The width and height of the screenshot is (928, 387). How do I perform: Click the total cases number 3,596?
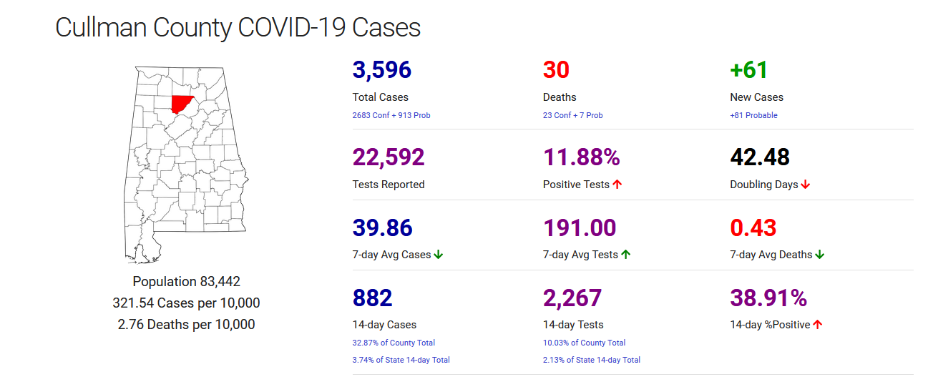(x=382, y=70)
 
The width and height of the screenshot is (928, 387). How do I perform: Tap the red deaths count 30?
(x=556, y=70)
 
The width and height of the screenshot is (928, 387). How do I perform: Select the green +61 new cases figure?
(x=748, y=70)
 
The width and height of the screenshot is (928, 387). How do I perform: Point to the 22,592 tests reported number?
(x=389, y=157)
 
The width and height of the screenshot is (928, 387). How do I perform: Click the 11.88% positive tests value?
(x=581, y=157)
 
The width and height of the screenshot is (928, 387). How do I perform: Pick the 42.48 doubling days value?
(x=760, y=157)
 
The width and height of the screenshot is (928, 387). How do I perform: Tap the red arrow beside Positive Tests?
(x=617, y=185)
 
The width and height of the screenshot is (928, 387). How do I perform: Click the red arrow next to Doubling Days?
(x=806, y=185)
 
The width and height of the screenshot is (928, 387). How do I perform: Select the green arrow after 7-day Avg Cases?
(x=439, y=255)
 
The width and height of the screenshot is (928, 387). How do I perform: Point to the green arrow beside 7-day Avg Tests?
(x=625, y=255)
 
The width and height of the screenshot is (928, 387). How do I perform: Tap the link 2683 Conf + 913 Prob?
(x=391, y=115)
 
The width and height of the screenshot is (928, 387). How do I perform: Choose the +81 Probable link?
(x=753, y=115)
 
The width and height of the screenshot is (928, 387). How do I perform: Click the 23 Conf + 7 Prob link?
(x=573, y=115)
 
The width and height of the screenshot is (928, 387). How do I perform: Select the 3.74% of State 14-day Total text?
(x=401, y=360)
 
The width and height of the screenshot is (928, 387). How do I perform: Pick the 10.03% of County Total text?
(x=585, y=343)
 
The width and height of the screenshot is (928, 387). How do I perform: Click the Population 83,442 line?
(x=186, y=282)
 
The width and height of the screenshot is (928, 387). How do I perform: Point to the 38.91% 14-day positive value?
(x=768, y=298)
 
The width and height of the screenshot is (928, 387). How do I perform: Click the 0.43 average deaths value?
(x=753, y=227)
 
